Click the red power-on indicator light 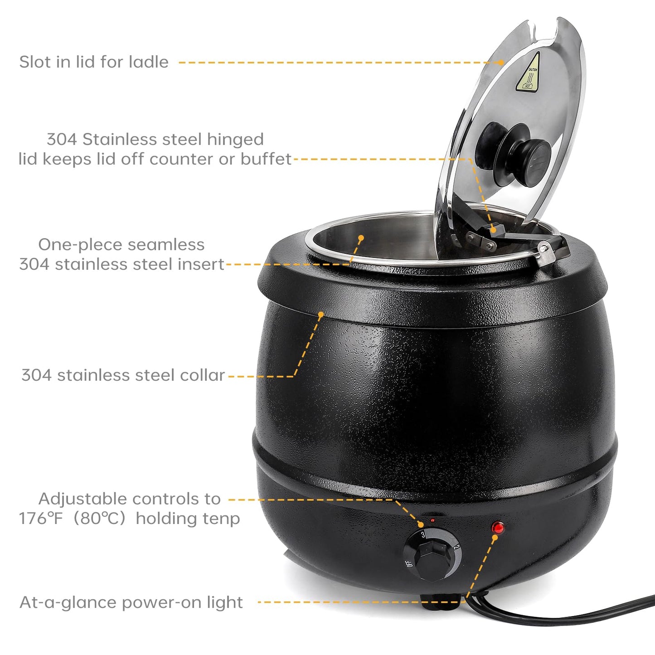[x=498, y=527]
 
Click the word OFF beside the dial [x=409, y=563]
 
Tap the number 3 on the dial [x=422, y=535]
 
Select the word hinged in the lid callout [x=239, y=139]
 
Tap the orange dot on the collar [x=321, y=314]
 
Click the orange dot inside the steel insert [x=361, y=237]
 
